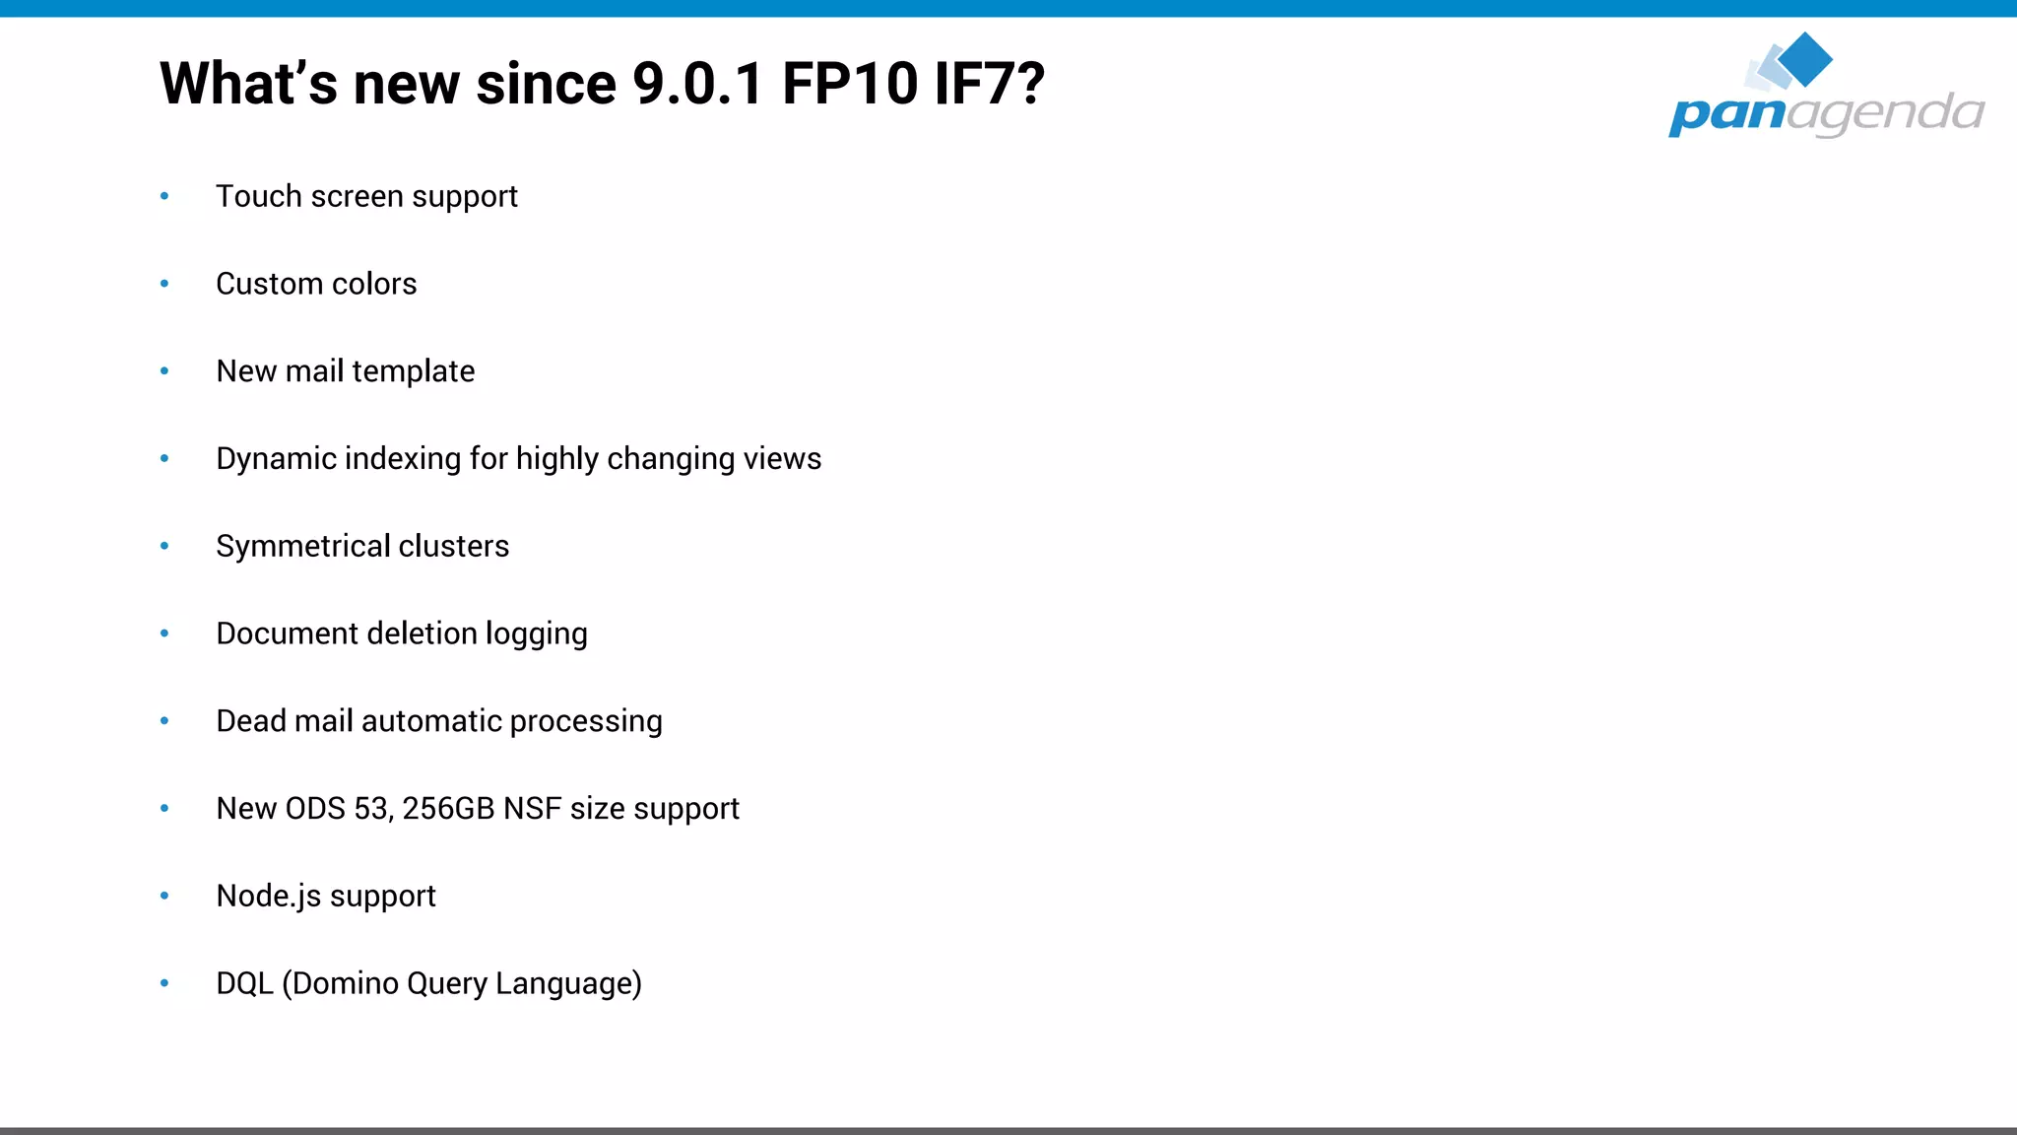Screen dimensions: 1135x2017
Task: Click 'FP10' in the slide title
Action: click(x=850, y=84)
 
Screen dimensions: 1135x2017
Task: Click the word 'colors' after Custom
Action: click(x=374, y=284)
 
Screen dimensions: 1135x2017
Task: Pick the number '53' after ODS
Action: click(x=372, y=809)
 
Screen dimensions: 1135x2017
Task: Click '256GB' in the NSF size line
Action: click(x=448, y=809)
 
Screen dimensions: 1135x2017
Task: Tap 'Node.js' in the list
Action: click(x=269, y=897)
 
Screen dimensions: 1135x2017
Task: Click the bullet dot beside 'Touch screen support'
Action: click(x=164, y=197)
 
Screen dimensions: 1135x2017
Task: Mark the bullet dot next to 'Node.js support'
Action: click(x=164, y=897)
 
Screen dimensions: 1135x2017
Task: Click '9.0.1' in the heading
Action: click(x=697, y=84)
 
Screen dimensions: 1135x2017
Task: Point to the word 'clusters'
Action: click(x=453, y=547)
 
